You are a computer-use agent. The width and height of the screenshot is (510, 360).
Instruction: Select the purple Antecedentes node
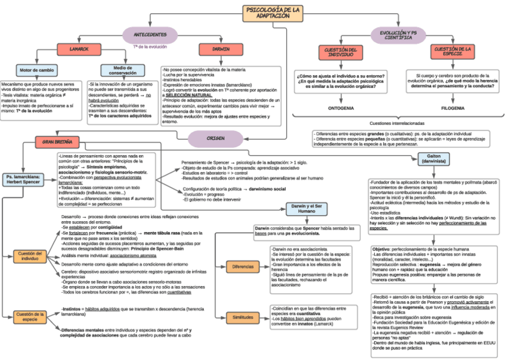coord(150,34)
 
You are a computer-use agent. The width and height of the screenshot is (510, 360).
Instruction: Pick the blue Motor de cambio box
coord(37,70)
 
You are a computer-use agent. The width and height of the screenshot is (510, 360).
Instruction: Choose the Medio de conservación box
coord(122,70)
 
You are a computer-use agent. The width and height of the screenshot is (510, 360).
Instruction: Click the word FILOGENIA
coord(452,108)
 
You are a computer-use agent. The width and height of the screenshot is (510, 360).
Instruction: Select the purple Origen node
coord(215,139)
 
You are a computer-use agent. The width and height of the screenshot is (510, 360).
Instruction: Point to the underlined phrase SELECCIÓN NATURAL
coord(189,95)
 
